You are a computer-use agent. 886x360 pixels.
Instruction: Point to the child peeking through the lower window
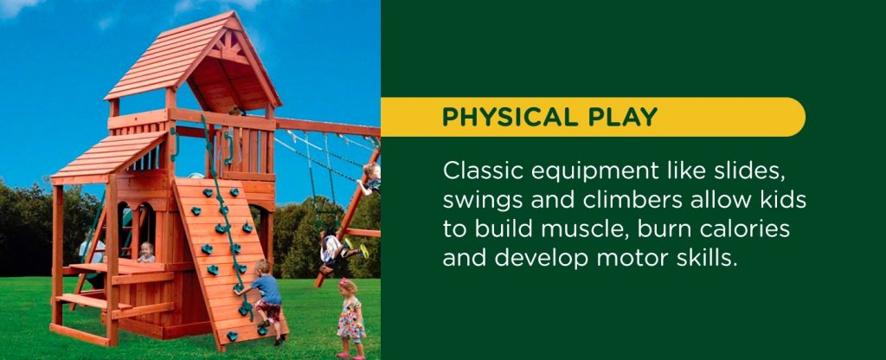tap(147, 252)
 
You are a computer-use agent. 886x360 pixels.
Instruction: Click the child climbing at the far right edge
tap(371, 177)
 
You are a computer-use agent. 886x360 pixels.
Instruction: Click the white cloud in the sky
tap(17, 7)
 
